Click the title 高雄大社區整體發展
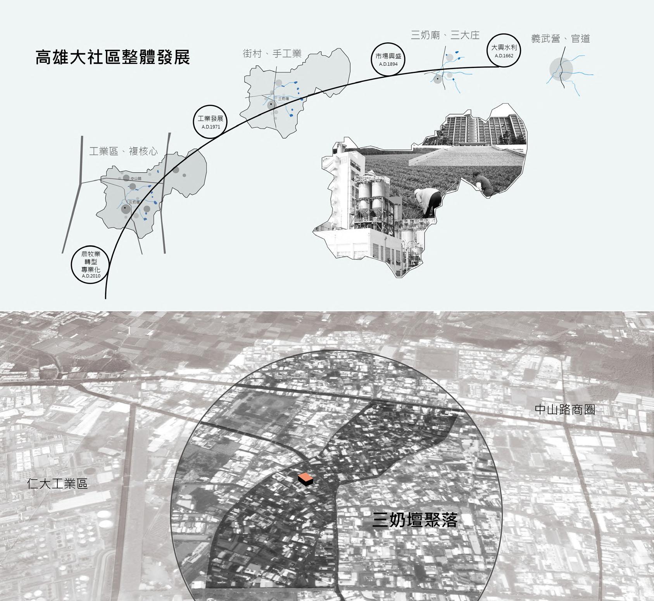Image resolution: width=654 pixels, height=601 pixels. click(x=112, y=57)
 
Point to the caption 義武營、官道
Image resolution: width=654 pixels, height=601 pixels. click(x=560, y=39)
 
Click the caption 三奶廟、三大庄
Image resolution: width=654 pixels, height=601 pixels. click(x=445, y=36)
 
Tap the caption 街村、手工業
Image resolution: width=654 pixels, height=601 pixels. click(x=272, y=54)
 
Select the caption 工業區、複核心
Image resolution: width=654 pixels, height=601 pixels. click(x=123, y=151)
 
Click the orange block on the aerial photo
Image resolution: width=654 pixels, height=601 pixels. click(x=305, y=479)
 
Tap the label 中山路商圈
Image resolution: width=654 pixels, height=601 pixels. click(x=564, y=410)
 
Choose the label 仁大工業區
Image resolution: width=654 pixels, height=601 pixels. click(x=57, y=484)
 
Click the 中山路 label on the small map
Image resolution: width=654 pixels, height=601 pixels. click(x=136, y=178)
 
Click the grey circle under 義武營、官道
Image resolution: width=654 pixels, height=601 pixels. click(x=561, y=69)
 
